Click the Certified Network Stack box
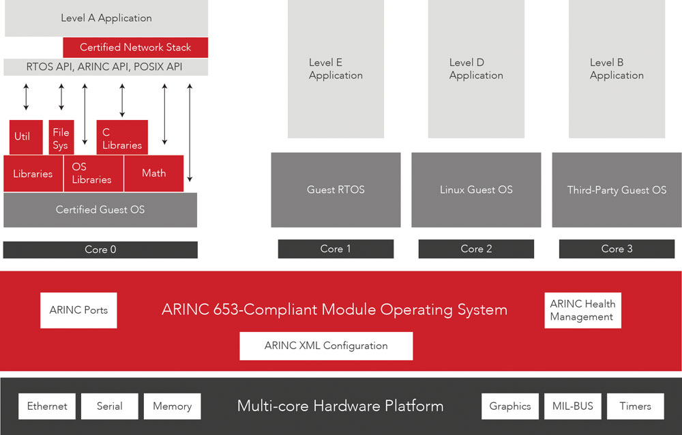[x=135, y=47]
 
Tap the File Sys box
[x=61, y=138]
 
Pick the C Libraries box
[x=122, y=138]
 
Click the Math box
[x=153, y=173]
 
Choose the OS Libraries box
[x=93, y=173]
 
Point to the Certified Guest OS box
[x=100, y=209]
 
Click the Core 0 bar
[x=100, y=250]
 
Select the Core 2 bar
[x=476, y=249]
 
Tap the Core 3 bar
[x=617, y=249]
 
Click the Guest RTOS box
[x=336, y=190]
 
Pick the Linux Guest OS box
[x=476, y=190]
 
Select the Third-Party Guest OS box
[x=617, y=190]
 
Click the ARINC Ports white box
[x=78, y=310]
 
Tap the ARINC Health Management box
[x=582, y=310]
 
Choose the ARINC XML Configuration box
[x=326, y=346]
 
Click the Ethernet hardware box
[x=47, y=406]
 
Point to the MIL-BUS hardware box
[x=573, y=406]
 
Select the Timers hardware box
[x=635, y=406]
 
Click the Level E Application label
[x=336, y=69]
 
